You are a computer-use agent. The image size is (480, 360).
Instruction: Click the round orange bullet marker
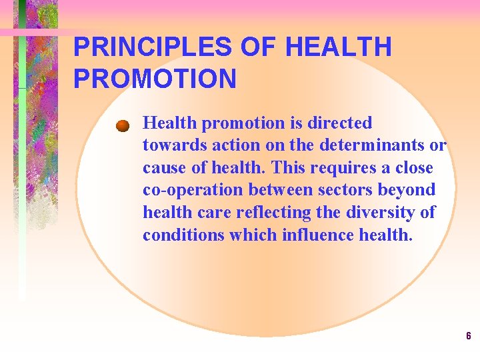point(121,125)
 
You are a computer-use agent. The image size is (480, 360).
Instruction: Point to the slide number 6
point(468,336)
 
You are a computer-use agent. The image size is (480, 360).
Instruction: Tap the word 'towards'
point(169,145)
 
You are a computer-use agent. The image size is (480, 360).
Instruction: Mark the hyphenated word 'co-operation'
point(193,191)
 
